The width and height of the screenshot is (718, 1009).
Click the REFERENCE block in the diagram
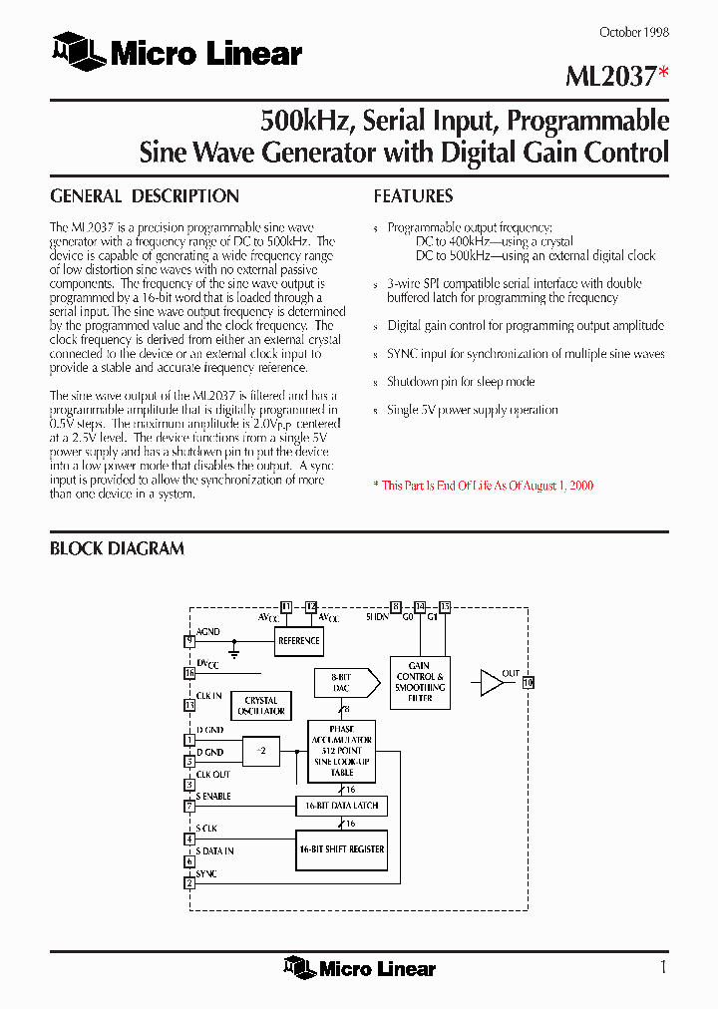pos(299,641)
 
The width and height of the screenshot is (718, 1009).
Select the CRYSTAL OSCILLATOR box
pos(261,706)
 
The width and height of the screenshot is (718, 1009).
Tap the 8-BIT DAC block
pos(341,682)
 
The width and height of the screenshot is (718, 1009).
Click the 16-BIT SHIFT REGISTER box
pos(341,849)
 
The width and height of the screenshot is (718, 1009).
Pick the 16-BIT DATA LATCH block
pos(341,806)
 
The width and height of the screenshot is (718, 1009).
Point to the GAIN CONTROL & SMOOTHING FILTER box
pos(420,682)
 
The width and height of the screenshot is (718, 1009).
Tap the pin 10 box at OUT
pos(529,682)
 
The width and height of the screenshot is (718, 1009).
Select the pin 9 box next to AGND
pos(189,641)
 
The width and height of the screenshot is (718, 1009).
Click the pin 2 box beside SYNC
pos(189,882)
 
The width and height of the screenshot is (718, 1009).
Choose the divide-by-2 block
pos(262,751)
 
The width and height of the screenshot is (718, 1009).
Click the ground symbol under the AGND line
pos(235,653)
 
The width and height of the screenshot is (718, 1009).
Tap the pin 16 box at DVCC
pos(189,673)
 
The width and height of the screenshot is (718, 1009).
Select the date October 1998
pos(633,32)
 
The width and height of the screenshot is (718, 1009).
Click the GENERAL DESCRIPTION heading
pos(145,196)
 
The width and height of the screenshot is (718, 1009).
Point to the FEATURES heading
pos(413,196)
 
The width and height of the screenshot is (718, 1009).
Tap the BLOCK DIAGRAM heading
pos(117,548)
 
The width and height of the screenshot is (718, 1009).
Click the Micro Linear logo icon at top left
pos(79,52)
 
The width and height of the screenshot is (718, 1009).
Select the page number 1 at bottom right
pos(663,967)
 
